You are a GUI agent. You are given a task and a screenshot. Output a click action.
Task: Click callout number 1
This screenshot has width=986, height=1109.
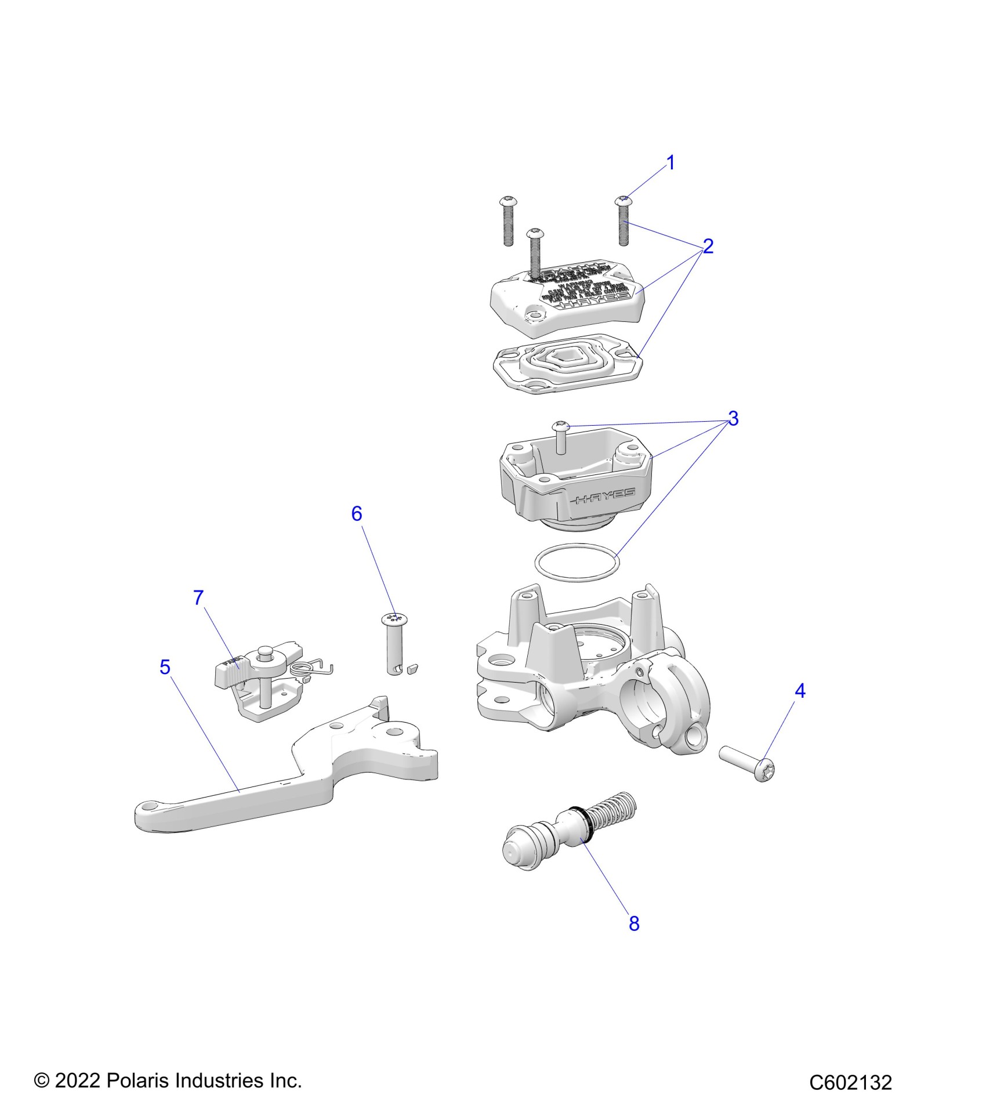[x=671, y=163]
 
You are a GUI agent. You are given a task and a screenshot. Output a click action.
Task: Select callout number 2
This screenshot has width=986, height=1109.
[x=708, y=247]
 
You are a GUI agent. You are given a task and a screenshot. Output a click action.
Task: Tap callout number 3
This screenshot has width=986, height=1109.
[x=733, y=418]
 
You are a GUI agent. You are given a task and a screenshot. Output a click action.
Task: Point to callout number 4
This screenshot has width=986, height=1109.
[x=800, y=691]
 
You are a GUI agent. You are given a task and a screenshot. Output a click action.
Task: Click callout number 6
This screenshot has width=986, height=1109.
[x=357, y=513]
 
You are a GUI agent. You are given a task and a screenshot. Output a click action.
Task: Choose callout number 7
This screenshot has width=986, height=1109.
[x=198, y=597]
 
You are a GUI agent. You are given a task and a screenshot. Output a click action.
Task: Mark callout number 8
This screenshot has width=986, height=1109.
[x=634, y=923]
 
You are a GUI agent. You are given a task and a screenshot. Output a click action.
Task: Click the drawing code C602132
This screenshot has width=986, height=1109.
[x=850, y=1083]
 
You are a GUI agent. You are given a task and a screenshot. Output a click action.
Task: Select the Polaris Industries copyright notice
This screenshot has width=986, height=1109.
[x=168, y=1081]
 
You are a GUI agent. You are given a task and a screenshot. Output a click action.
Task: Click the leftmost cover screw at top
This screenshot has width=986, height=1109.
[x=507, y=220]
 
